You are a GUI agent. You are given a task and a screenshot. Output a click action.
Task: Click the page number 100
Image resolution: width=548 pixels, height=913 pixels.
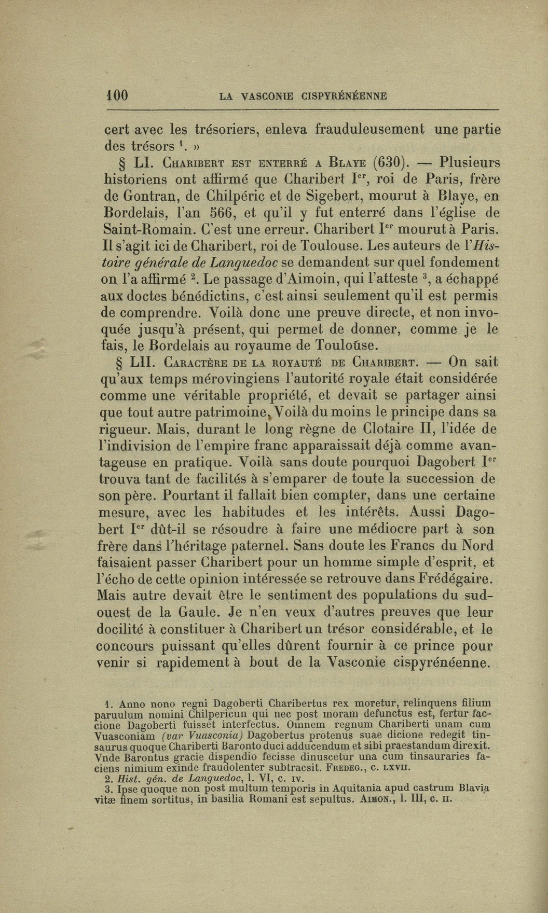(117, 95)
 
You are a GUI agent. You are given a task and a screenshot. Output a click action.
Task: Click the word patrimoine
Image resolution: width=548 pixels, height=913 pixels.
(225, 413)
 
